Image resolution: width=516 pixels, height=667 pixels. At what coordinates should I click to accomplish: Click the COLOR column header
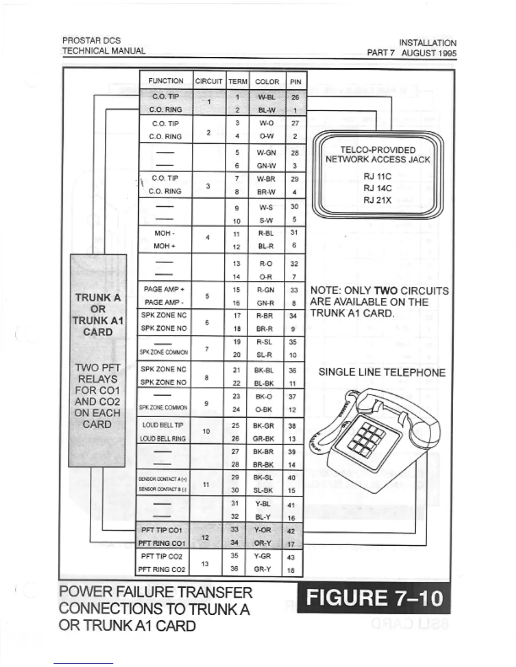pyautogui.click(x=267, y=82)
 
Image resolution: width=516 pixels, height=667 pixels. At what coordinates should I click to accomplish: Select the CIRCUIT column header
pyautogui.click(x=209, y=82)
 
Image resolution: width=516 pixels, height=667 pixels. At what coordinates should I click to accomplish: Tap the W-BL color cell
pyautogui.click(x=266, y=97)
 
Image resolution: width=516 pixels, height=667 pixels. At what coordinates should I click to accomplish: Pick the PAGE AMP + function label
pyautogui.click(x=164, y=290)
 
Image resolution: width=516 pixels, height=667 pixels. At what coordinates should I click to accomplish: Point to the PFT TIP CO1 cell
pyautogui.click(x=161, y=530)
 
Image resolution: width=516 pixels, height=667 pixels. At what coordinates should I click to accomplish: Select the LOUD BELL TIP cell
pyautogui.click(x=163, y=425)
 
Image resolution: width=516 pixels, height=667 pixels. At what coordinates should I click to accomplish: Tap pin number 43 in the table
pyautogui.click(x=291, y=557)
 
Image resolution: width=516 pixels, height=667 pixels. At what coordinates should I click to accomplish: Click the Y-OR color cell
pyautogui.click(x=263, y=530)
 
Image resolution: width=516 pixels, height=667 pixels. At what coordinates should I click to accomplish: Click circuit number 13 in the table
pyautogui.click(x=205, y=563)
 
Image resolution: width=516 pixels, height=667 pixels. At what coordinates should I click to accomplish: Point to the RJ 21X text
pyautogui.click(x=377, y=200)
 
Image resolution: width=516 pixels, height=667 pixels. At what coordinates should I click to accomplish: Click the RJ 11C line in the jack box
pyautogui.click(x=377, y=176)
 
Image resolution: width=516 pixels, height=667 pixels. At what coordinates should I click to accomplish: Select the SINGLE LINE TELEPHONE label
pyautogui.click(x=382, y=372)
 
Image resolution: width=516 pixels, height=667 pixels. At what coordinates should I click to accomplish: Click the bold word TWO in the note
pyautogui.click(x=386, y=291)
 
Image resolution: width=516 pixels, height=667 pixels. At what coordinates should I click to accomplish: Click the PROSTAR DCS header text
pyautogui.click(x=91, y=40)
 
